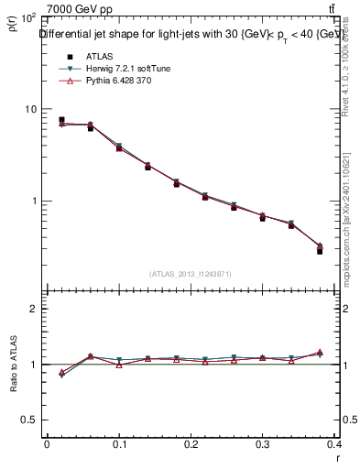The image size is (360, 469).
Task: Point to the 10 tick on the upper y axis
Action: click(30, 109)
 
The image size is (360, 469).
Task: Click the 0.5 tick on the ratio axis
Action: click(29, 420)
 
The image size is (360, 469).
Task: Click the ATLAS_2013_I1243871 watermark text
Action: click(191, 274)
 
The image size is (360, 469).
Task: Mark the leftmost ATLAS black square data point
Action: click(61, 120)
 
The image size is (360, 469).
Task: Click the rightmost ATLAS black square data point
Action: click(320, 250)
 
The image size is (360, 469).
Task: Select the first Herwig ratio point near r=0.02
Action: click(61, 376)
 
